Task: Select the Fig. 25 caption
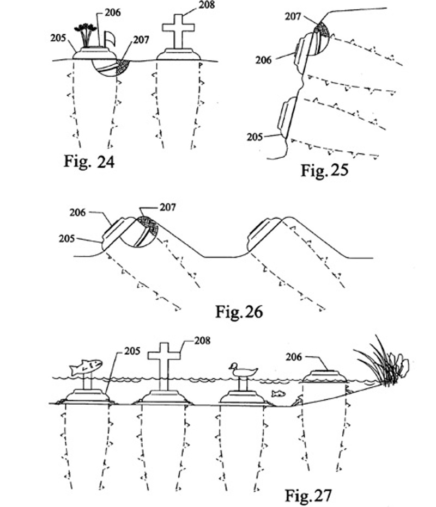point(325,170)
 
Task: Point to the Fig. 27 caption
point(308,495)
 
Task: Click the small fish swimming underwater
point(278,393)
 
